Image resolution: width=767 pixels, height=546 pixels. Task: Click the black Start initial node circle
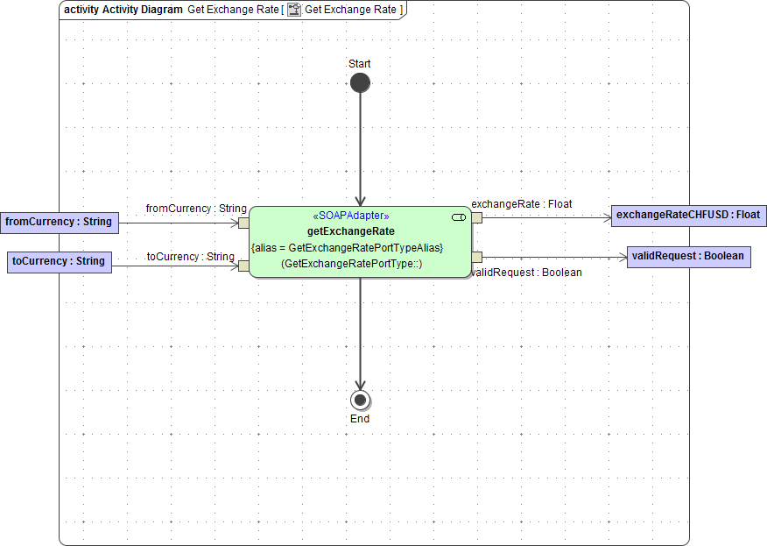[x=360, y=83]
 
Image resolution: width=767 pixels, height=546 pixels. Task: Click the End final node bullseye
[x=360, y=401]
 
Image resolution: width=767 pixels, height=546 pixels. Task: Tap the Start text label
[x=360, y=64]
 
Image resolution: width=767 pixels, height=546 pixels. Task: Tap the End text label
[x=360, y=419]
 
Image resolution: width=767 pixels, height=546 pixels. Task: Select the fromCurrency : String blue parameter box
[x=59, y=222]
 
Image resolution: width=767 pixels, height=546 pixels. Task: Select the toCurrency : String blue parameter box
[x=60, y=261]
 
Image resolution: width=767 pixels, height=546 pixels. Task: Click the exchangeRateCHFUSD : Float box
[x=688, y=215]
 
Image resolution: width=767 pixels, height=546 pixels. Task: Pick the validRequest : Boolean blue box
[x=688, y=257]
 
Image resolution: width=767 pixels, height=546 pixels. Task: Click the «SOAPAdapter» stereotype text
[x=350, y=216]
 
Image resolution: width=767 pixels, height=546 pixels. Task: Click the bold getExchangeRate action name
[x=350, y=231]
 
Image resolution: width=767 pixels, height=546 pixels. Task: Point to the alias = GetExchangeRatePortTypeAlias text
[x=348, y=248]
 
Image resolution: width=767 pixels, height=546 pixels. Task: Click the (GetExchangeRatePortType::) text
[x=351, y=264]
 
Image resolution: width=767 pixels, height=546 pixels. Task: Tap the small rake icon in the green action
[x=459, y=216]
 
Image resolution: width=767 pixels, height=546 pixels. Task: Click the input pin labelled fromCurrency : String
[x=243, y=223]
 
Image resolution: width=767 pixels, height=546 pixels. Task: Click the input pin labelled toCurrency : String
[x=243, y=266]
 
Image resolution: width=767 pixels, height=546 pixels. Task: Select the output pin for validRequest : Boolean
[x=477, y=257]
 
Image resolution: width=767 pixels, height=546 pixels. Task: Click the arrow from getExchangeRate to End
[x=360, y=333]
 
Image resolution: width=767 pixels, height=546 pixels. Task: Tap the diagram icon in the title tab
[x=294, y=10]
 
